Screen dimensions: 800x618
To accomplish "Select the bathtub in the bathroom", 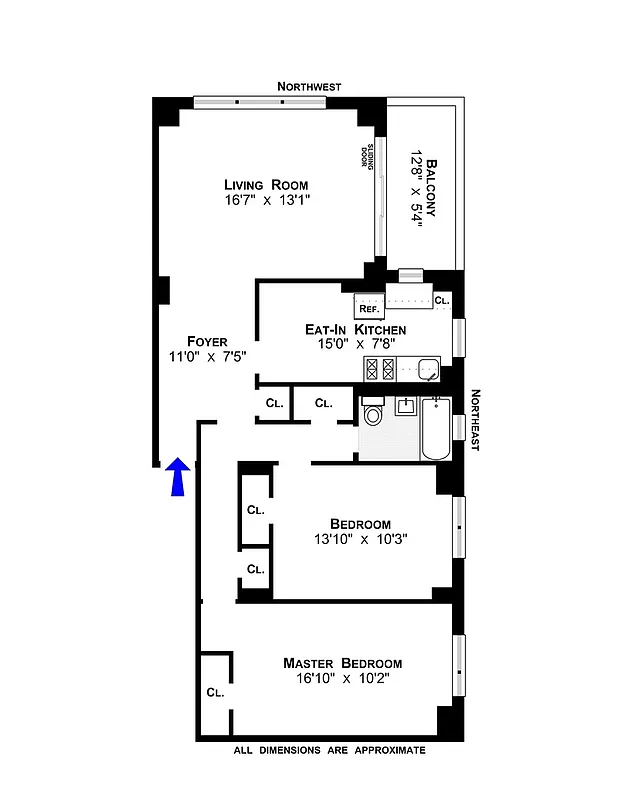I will (437, 430).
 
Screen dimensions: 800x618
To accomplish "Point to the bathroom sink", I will (405, 406).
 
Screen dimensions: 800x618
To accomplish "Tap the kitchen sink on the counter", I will (428, 370).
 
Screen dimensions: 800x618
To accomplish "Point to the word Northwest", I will (310, 88).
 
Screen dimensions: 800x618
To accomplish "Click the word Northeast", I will (475, 421).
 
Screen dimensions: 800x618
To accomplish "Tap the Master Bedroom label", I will (342, 663).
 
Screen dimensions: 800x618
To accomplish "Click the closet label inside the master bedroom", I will (215, 691).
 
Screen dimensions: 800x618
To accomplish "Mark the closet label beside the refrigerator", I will (442, 300).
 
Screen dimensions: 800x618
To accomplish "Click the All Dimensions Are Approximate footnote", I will (329, 750).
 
